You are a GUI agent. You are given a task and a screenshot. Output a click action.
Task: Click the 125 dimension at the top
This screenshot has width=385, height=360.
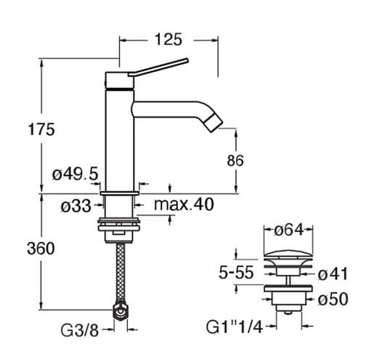coord(169,39)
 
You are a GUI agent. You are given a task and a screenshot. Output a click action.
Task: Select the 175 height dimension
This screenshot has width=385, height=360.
coord(41,129)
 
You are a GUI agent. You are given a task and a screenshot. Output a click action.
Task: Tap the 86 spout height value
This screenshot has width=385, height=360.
coord(235,160)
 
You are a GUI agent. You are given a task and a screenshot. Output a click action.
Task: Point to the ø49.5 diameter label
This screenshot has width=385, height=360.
coord(75,175)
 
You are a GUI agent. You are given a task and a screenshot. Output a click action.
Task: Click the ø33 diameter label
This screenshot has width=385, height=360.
coord(76,206)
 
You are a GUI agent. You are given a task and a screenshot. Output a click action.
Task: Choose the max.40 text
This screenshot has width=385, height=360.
coord(184,204)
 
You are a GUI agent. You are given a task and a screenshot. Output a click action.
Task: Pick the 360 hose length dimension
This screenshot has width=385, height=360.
coord(41,248)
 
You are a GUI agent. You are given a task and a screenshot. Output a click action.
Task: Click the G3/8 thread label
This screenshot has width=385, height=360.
coord(80,330)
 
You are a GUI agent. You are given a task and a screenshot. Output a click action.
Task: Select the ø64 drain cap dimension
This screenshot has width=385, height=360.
coord(288,231)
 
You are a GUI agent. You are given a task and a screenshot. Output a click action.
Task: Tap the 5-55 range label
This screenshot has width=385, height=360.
coord(236,272)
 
